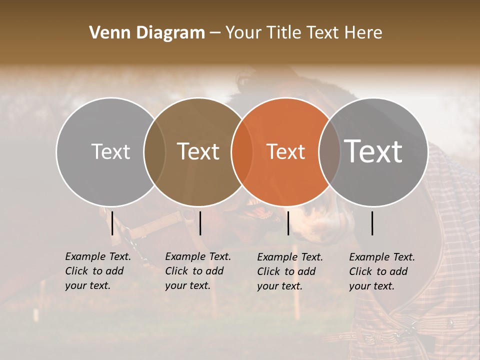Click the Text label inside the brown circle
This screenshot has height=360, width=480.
(x=198, y=151)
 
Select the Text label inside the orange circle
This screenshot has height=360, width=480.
(x=286, y=151)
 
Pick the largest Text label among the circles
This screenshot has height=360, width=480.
(x=373, y=151)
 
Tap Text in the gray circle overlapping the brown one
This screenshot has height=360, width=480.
(x=111, y=151)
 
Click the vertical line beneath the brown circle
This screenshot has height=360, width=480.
(x=200, y=223)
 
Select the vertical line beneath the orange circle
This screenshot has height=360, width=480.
(x=288, y=223)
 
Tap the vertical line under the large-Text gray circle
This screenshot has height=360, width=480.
(x=372, y=223)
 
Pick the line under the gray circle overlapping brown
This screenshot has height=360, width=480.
(x=112, y=223)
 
